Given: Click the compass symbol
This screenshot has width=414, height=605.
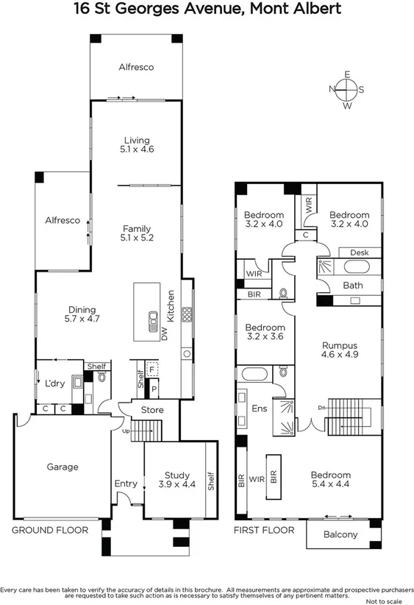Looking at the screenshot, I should [346, 89].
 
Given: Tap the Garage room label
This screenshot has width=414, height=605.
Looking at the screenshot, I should [63, 466].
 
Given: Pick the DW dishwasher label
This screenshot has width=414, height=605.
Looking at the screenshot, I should [165, 335].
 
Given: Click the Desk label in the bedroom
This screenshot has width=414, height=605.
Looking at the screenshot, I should [359, 252].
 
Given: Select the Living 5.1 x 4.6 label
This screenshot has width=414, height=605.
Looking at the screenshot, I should [137, 145].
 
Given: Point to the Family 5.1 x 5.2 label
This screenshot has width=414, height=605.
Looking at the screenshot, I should [137, 233].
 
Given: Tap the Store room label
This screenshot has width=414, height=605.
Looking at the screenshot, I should [152, 410].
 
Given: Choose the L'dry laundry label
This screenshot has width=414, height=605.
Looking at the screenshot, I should [55, 383].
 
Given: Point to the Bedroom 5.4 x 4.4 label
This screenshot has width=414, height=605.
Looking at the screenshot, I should [330, 480].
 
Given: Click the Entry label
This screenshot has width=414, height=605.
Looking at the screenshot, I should [126, 484].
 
